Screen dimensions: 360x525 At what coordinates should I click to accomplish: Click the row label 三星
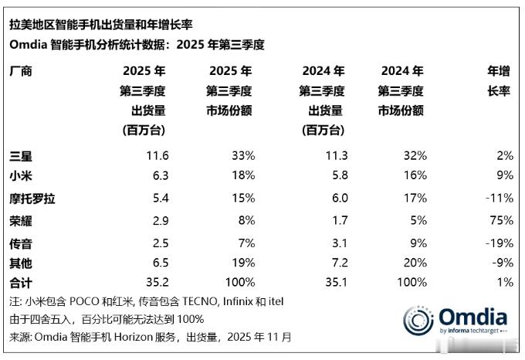coord(20,155)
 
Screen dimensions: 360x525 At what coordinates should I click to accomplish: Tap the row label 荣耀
coord(20,220)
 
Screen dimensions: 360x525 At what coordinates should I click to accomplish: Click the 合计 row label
coord(20,282)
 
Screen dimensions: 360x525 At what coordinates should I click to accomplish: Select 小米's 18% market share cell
coord(242,177)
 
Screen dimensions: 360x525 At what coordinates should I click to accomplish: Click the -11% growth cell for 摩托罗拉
coord(498,199)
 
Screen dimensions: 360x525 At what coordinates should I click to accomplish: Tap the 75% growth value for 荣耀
coord(501,220)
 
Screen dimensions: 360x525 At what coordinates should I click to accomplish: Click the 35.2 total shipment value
coord(156,282)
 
